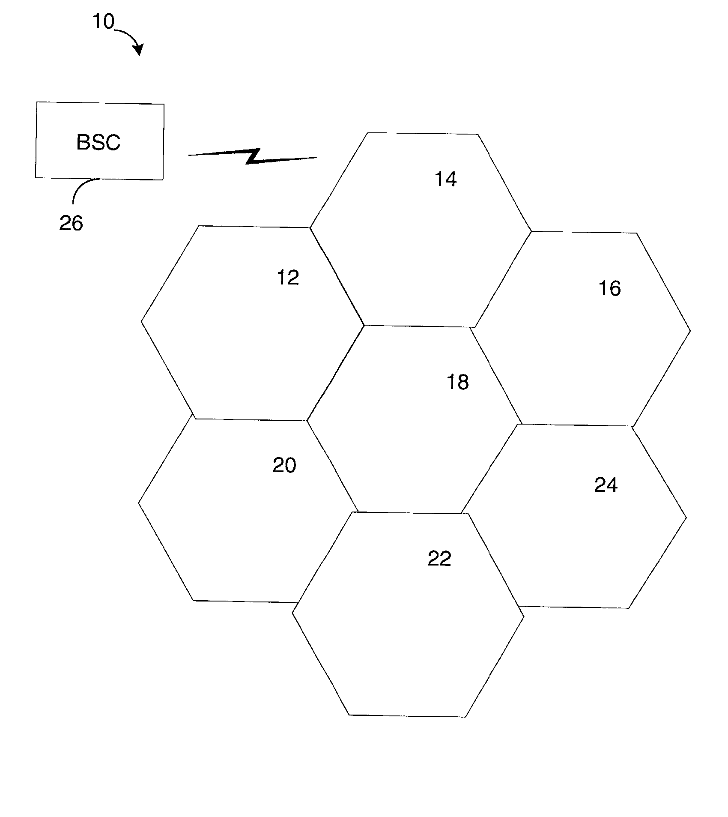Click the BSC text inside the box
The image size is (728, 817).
(98, 143)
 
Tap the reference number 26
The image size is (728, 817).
(71, 223)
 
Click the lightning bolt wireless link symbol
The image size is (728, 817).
(253, 156)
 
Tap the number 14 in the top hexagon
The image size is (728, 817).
(446, 179)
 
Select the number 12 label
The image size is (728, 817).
(288, 278)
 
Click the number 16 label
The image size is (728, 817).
(609, 288)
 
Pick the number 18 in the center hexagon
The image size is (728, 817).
(458, 381)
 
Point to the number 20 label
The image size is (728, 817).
(284, 465)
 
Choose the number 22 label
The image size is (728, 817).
(439, 559)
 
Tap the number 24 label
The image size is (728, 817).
(606, 485)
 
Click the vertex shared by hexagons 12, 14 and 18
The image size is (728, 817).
(364, 325)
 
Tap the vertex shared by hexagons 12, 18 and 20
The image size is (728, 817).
(307, 421)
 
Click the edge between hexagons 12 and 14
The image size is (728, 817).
(337, 276)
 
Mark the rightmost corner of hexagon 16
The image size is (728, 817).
(690, 330)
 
